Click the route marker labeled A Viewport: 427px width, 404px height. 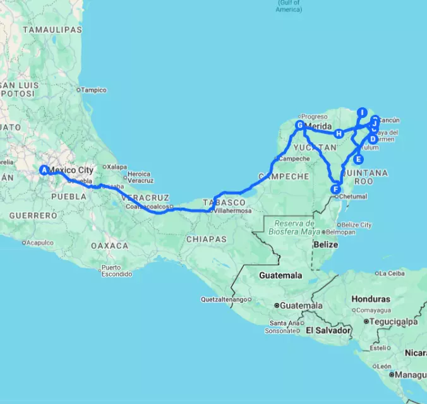tap(44, 169)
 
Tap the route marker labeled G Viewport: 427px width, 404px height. tap(299, 126)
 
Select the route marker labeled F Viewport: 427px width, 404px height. tap(335, 189)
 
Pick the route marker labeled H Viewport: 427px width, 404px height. tap(339, 133)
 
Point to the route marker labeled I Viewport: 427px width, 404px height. tap(362, 112)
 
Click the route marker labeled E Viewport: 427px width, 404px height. tap(359, 159)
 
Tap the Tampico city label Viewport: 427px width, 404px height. tap(93, 90)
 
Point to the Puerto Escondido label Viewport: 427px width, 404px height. tap(117, 271)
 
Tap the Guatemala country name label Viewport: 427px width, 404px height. tap(280, 276)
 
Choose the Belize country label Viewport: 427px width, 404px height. tap(327, 244)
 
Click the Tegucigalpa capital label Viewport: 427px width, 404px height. tap(391, 321)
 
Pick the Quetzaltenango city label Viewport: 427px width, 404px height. tap(223, 299)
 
